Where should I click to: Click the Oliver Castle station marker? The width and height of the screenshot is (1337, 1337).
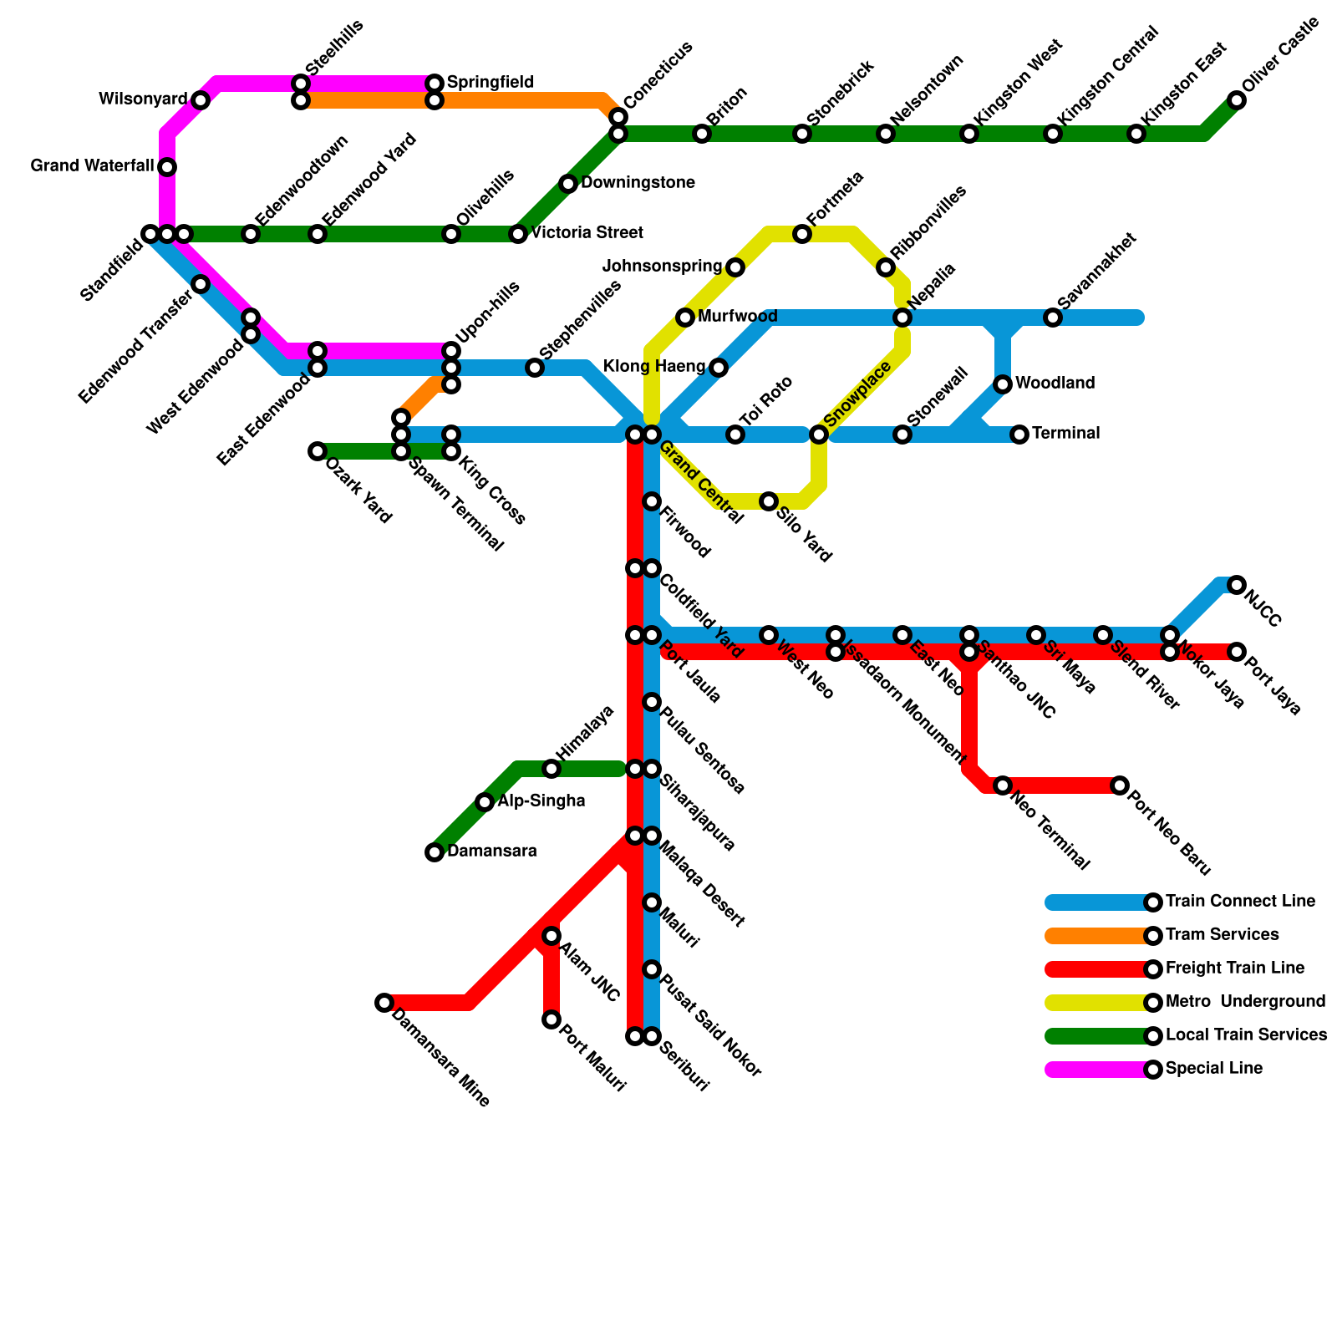pyautogui.click(x=1237, y=100)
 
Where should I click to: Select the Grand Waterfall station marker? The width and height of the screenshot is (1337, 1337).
pyautogui.click(x=167, y=167)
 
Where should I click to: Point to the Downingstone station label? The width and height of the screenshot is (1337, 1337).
pyautogui.click(x=638, y=183)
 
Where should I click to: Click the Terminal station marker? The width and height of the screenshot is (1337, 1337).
pyautogui.click(x=1019, y=435)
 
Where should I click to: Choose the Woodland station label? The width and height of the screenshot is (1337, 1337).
pyautogui.click(x=1055, y=384)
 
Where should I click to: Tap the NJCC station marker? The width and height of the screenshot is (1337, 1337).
pyautogui.click(x=1237, y=585)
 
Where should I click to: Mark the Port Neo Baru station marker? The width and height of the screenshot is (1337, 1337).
pyautogui.click(x=1120, y=785)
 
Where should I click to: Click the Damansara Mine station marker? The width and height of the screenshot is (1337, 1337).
pyautogui.click(x=384, y=1003)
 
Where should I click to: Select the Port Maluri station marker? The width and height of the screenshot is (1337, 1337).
pyautogui.click(x=552, y=1019)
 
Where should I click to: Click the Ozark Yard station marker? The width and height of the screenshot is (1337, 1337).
pyautogui.click(x=318, y=451)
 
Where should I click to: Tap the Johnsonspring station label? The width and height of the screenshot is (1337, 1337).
pyautogui.click(x=662, y=267)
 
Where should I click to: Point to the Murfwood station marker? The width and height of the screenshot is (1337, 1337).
pyautogui.click(x=685, y=318)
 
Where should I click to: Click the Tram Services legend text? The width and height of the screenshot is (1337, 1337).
pyautogui.click(x=1222, y=935)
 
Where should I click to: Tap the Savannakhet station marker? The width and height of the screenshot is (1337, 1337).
pyautogui.click(x=1053, y=318)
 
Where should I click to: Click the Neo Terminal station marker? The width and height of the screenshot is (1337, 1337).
pyautogui.click(x=1003, y=785)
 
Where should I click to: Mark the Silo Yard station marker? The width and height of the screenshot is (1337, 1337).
pyautogui.click(x=769, y=501)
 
